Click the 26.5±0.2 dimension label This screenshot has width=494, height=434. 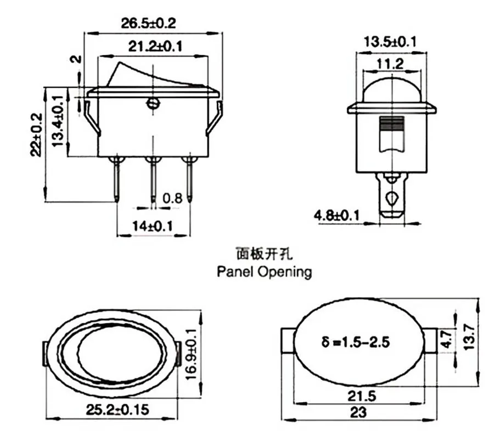(x=148, y=23)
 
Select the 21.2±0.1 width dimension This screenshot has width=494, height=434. (x=155, y=46)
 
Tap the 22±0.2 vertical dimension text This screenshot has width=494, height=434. (x=36, y=135)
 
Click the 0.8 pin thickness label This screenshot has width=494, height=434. (x=173, y=198)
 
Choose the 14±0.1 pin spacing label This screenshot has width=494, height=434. (x=153, y=226)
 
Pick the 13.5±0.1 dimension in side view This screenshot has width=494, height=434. (x=390, y=42)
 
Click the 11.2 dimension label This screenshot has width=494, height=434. (x=390, y=64)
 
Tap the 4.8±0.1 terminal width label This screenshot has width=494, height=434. (x=336, y=215)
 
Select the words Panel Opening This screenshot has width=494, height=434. (x=265, y=271)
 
